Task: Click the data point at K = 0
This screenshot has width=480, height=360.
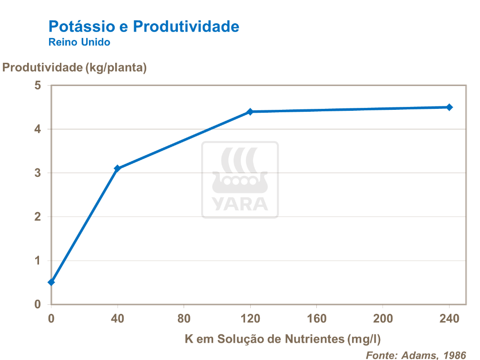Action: (51, 282)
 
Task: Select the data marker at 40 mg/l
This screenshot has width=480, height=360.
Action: (118, 168)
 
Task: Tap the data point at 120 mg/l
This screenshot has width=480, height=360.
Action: (250, 112)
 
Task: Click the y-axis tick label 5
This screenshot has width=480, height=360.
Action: (38, 86)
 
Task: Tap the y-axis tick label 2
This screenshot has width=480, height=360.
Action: (38, 217)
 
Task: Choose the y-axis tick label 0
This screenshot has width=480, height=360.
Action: (38, 304)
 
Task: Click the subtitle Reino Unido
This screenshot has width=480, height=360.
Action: (79, 42)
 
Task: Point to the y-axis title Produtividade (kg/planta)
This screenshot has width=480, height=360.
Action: (75, 68)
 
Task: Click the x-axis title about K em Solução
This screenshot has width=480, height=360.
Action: (283, 339)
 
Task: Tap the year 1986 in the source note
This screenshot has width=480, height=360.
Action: (454, 355)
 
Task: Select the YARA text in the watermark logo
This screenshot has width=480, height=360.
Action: (240, 203)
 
